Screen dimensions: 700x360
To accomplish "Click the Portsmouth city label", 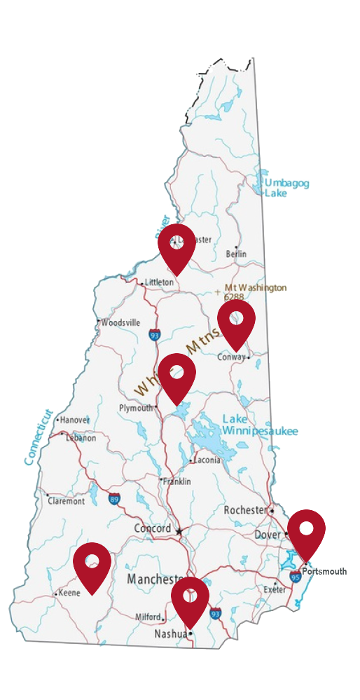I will click(324, 572).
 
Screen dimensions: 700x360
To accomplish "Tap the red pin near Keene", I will click(92, 564).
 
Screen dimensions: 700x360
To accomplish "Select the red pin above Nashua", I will click(190, 599).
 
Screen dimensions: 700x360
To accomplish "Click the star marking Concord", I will click(179, 531).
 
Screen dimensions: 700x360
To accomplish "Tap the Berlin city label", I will click(236, 254).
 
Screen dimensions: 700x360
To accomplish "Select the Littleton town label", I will click(159, 282).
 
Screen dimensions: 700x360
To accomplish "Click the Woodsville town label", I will click(120, 323).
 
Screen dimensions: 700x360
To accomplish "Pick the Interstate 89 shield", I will click(114, 498).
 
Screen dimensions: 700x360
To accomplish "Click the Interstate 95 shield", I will click(296, 576).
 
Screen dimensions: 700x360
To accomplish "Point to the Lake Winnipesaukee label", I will click(260, 425).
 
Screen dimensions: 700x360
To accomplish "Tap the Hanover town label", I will click(75, 420).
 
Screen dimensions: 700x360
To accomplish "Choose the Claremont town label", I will click(66, 501).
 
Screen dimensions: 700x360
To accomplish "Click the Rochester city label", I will click(245, 510).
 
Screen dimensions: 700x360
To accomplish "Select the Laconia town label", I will click(207, 460).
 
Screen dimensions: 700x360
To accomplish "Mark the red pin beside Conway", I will click(236, 322).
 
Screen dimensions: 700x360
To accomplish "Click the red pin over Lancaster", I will click(176, 246).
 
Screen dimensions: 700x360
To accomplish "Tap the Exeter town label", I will click(275, 590).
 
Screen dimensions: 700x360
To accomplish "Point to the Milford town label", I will click(148, 617).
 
